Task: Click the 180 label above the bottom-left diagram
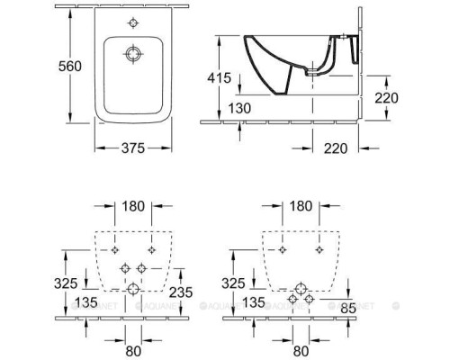pos(133,207)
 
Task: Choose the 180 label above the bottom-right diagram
pos(301,207)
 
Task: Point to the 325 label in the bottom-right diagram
pos(233,283)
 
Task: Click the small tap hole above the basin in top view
pos(133,22)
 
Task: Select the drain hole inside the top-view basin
pos(133,54)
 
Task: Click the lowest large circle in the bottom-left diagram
pos(133,288)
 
